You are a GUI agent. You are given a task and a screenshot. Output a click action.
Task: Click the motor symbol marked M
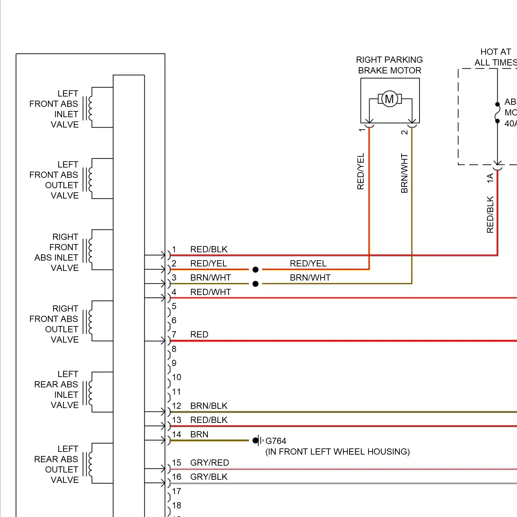click(389, 99)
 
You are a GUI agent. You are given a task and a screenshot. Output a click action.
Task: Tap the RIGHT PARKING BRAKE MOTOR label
click(389, 65)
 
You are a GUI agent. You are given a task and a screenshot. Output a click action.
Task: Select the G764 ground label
click(276, 441)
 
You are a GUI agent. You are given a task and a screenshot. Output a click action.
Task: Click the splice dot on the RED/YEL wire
click(255, 270)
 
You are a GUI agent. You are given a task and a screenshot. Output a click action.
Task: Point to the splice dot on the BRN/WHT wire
click(255, 284)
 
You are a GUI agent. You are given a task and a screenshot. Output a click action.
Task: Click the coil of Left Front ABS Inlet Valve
click(90, 108)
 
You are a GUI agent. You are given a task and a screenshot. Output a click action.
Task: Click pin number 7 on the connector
click(174, 334)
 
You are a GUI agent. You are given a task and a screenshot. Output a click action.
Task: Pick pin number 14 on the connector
click(176, 434)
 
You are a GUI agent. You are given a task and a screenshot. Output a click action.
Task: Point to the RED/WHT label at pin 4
click(211, 292)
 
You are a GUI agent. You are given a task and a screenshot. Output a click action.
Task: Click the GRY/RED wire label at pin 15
click(210, 463)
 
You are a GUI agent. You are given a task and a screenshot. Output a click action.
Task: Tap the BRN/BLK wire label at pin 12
click(209, 406)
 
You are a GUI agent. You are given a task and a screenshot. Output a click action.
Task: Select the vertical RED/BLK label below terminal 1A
click(490, 214)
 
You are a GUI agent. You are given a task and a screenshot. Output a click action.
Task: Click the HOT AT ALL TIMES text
click(496, 57)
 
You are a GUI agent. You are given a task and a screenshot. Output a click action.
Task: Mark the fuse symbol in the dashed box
click(497, 112)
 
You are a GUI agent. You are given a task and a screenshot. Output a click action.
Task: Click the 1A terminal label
click(490, 178)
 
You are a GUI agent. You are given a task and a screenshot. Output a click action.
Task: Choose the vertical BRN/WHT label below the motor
click(404, 173)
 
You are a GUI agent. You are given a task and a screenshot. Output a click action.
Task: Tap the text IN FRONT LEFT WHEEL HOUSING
click(338, 452)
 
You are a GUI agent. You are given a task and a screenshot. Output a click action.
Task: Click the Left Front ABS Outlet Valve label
click(54, 180)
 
